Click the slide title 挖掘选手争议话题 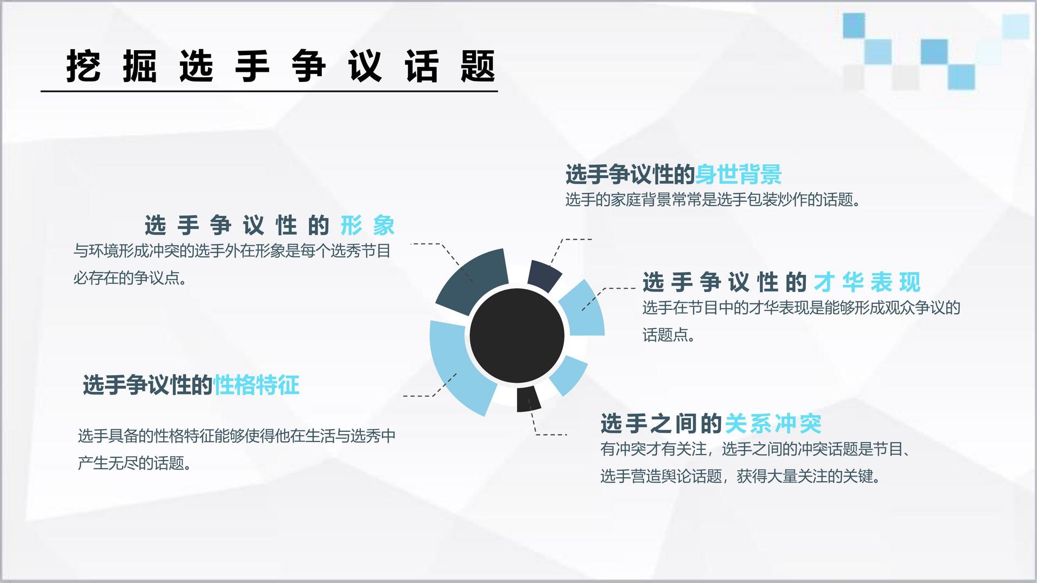(281, 66)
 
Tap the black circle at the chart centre (517, 335)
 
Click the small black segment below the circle (528, 399)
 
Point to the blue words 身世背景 (738, 174)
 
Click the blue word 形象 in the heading (368, 225)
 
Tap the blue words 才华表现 (867, 282)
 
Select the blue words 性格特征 (256, 385)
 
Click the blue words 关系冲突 (773, 424)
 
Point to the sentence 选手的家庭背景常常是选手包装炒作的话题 (713, 200)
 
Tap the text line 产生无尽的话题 (135, 463)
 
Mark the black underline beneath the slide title (269, 91)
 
